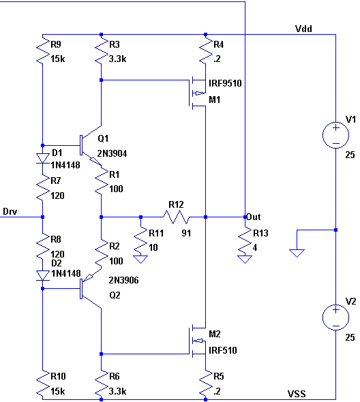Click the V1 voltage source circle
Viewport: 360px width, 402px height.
click(x=335, y=135)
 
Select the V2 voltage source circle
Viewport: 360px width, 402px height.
click(x=335, y=318)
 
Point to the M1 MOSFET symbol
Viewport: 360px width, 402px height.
click(x=198, y=93)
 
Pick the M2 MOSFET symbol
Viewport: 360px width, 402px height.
click(x=198, y=341)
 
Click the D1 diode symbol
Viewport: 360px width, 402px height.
click(x=42, y=158)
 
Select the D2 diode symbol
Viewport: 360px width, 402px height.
click(x=42, y=275)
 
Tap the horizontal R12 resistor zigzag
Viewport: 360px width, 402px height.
click(x=177, y=217)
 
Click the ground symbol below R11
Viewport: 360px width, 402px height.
click(x=140, y=259)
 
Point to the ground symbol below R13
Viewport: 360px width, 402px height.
click(x=245, y=259)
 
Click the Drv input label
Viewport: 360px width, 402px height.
click(x=10, y=211)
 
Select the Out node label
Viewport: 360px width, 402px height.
click(x=254, y=217)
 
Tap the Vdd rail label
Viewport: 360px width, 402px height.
click(x=303, y=29)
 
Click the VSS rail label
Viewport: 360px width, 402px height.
click(x=297, y=394)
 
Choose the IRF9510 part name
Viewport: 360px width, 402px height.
click(x=225, y=83)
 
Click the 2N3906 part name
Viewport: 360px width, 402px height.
click(x=123, y=280)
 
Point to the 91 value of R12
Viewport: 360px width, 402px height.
click(x=186, y=233)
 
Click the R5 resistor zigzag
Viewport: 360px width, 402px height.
click(x=205, y=383)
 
